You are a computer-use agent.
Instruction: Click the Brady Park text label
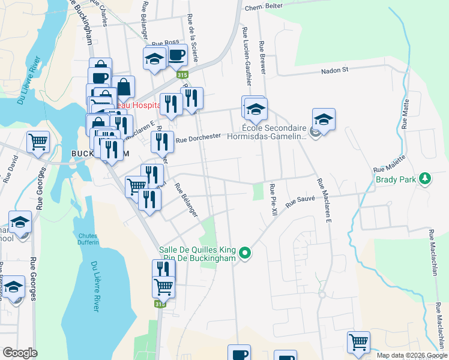(396, 179)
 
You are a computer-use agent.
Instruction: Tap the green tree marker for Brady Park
(425, 178)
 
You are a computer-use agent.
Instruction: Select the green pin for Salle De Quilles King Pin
(244, 254)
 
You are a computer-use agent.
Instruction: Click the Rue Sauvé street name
(300, 199)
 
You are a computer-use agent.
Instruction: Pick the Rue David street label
(10, 169)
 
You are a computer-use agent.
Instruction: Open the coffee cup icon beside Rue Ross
(176, 56)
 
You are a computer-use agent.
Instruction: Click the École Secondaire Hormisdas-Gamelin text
(274, 131)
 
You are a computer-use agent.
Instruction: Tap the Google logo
(20, 352)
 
